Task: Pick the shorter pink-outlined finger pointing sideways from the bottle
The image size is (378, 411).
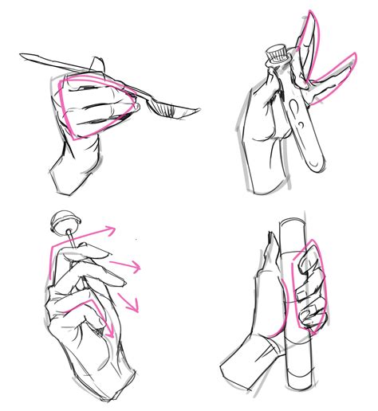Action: point(333,80)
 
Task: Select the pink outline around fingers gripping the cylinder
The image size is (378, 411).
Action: point(309,287)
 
